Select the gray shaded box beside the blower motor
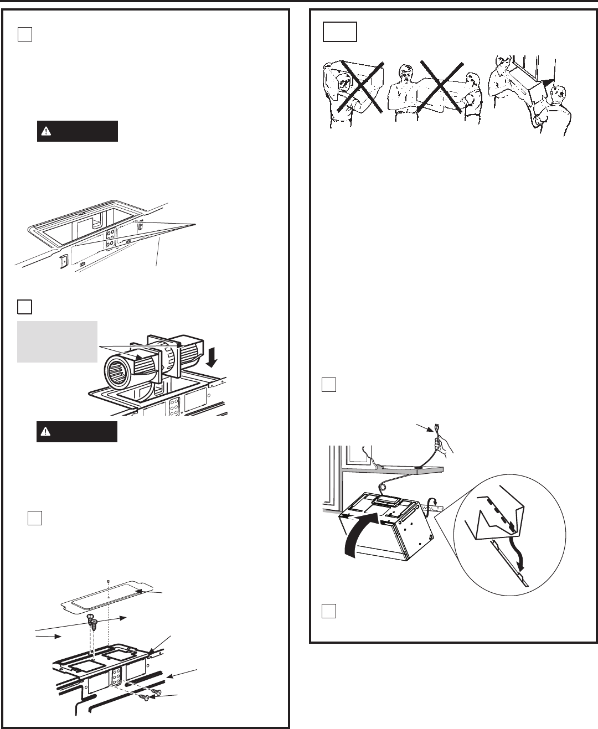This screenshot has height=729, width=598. pos(57,342)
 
